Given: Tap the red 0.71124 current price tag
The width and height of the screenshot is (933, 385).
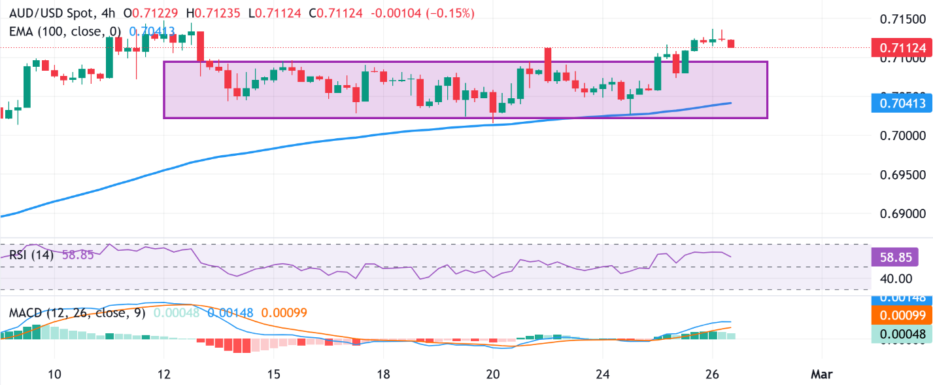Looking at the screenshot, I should (902, 47).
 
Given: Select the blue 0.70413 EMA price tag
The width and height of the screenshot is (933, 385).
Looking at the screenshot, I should (902, 103).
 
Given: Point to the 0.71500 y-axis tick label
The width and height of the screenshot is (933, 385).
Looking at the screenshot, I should (901, 19).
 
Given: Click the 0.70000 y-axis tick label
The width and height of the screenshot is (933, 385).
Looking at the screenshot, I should (901, 136).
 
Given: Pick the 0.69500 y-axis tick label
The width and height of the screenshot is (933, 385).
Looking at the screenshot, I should (901, 175).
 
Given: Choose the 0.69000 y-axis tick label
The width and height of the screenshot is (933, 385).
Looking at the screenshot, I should (901, 214).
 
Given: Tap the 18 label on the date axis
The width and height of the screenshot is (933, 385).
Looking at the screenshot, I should (384, 374).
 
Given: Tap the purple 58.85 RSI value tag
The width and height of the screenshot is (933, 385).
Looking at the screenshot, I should (902, 256).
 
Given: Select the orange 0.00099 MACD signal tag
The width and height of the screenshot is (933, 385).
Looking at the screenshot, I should (902, 316).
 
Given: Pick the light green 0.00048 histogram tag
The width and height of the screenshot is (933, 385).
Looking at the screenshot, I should (902, 334).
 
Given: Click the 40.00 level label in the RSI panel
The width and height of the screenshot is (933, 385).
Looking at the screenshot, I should (894, 278).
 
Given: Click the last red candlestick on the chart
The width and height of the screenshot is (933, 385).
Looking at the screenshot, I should (731, 43).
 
